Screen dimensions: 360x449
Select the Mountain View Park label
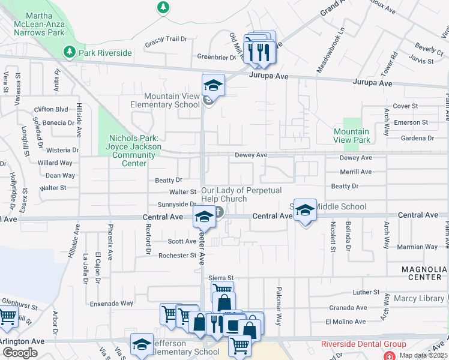tap(352, 136)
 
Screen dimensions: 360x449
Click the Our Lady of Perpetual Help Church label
tap(224, 194)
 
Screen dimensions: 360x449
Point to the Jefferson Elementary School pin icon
tap(142, 344)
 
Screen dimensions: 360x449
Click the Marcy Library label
tap(420, 298)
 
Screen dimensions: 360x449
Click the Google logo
tap(20, 353)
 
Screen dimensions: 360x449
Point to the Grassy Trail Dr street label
tap(166, 39)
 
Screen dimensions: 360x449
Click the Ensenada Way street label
tap(111, 303)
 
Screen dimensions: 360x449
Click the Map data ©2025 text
tap(423, 355)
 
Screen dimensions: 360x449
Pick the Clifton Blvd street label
tap(51, 109)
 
